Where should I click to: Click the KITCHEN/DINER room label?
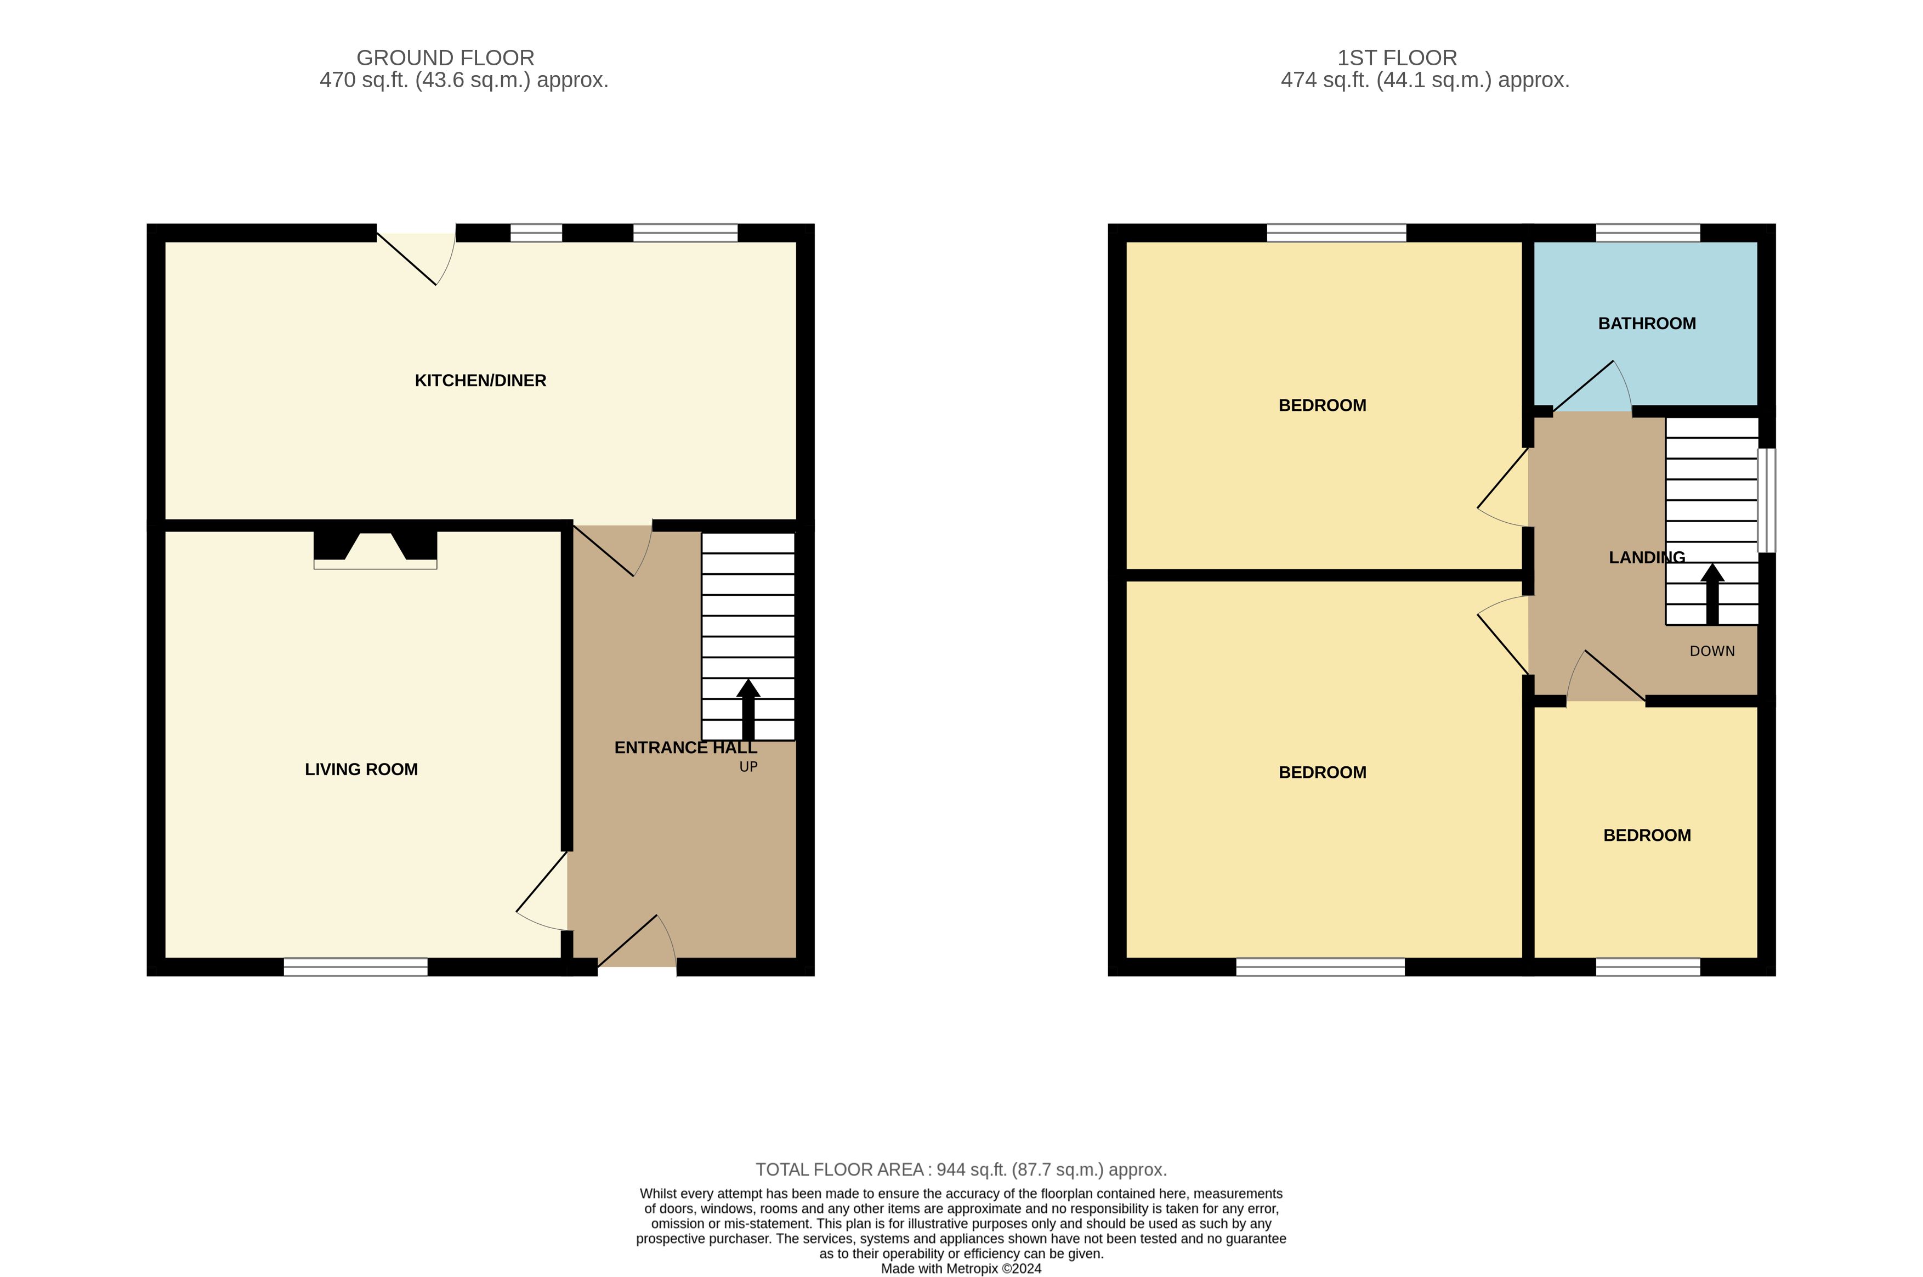click(480, 380)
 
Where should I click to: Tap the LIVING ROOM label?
click(361, 770)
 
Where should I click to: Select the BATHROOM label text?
click(1647, 323)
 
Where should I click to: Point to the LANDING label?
click(1647, 557)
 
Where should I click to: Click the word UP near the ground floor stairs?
click(748, 766)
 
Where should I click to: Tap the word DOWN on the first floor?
click(1712, 651)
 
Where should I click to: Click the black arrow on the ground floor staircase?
click(748, 709)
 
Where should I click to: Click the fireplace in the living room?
click(375, 549)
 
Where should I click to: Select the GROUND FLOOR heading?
click(445, 58)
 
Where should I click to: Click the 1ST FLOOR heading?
click(1397, 58)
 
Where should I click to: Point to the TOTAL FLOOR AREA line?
click(962, 1169)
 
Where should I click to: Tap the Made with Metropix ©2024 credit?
click(962, 1268)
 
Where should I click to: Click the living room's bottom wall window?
click(356, 967)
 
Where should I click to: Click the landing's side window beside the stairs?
click(1767, 500)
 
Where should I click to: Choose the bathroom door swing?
click(1592, 386)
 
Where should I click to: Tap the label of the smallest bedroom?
click(1647, 835)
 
